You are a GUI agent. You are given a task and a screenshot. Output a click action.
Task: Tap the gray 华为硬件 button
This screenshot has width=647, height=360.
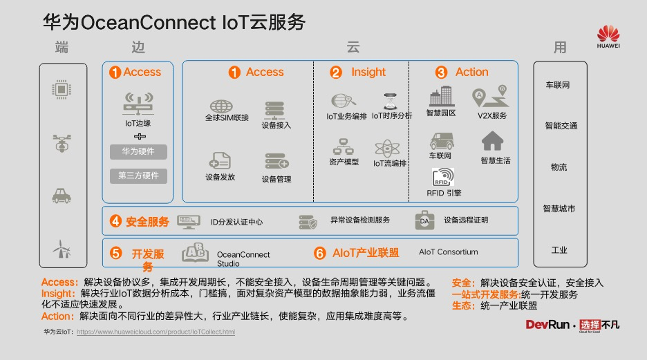(x=138, y=151)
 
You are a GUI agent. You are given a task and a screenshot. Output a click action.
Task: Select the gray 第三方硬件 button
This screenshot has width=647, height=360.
(x=138, y=176)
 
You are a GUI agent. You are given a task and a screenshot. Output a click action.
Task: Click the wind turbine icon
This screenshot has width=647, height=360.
(x=62, y=248)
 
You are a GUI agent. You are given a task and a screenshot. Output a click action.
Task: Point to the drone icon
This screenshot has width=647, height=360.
(x=63, y=143)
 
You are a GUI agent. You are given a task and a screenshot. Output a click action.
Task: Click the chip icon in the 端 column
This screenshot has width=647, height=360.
(x=63, y=89)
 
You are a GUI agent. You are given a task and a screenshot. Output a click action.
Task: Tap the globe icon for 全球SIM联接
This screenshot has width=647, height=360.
(x=221, y=106)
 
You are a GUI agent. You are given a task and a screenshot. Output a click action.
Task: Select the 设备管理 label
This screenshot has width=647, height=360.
(x=276, y=180)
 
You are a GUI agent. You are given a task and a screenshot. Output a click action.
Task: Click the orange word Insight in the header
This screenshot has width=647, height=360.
(x=368, y=72)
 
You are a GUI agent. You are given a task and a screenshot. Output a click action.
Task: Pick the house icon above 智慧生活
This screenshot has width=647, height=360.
(x=492, y=141)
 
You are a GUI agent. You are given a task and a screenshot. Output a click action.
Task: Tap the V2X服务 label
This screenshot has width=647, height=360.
(x=492, y=115)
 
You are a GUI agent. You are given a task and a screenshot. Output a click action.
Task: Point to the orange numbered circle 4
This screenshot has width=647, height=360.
(x=115, y=222)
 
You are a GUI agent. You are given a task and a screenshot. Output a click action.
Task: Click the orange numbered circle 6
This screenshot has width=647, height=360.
(x=319, y=253)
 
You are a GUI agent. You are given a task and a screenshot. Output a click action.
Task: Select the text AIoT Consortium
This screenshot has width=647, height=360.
(x=448, y=252)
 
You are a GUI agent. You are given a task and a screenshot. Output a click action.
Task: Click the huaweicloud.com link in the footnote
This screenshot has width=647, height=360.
(x=156, y=332)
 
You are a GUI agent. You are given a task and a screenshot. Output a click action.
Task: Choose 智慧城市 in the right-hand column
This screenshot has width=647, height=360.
(x=559, y=209)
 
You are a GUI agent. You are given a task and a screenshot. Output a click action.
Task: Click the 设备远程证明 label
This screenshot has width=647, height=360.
(x=466, y=220)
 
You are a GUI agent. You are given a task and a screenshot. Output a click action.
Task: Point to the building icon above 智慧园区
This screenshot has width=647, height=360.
(x=440, y=97)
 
